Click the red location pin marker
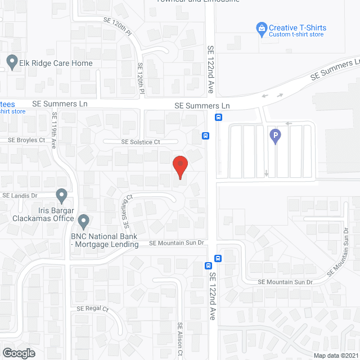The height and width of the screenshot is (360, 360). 180,167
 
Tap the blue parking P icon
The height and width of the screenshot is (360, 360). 275,136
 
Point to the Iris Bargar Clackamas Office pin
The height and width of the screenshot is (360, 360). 62,195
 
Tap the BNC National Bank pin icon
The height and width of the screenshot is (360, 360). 84,220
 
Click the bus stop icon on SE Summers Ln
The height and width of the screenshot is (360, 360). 218,118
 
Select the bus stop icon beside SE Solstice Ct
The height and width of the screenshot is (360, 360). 206,136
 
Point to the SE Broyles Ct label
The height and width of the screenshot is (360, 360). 26,139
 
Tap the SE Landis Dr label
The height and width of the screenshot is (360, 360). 20,195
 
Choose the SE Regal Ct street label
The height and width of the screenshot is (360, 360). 92,309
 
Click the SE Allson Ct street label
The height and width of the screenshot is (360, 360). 181,339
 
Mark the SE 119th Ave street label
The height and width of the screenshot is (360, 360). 55,130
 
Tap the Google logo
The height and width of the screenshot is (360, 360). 19,353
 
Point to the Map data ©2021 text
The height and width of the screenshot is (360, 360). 336,355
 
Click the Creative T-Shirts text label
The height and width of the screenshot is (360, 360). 298,28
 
